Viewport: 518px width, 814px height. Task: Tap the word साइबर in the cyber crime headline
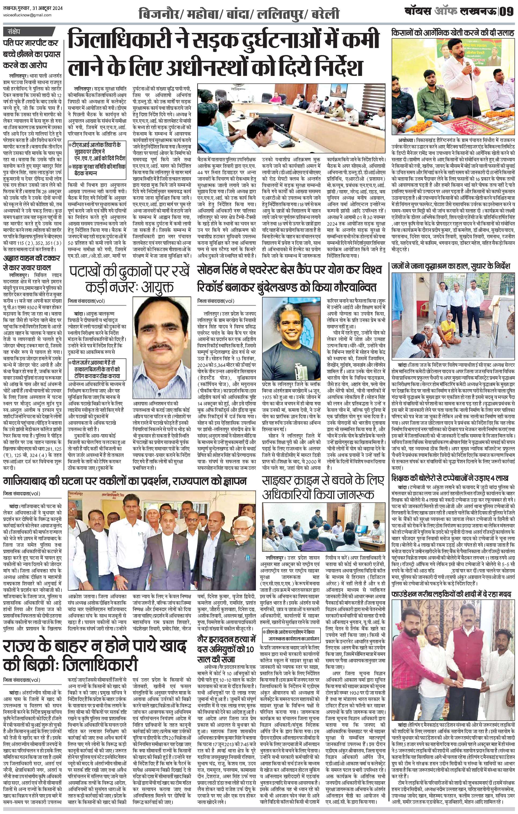click(x=283, y=480)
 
